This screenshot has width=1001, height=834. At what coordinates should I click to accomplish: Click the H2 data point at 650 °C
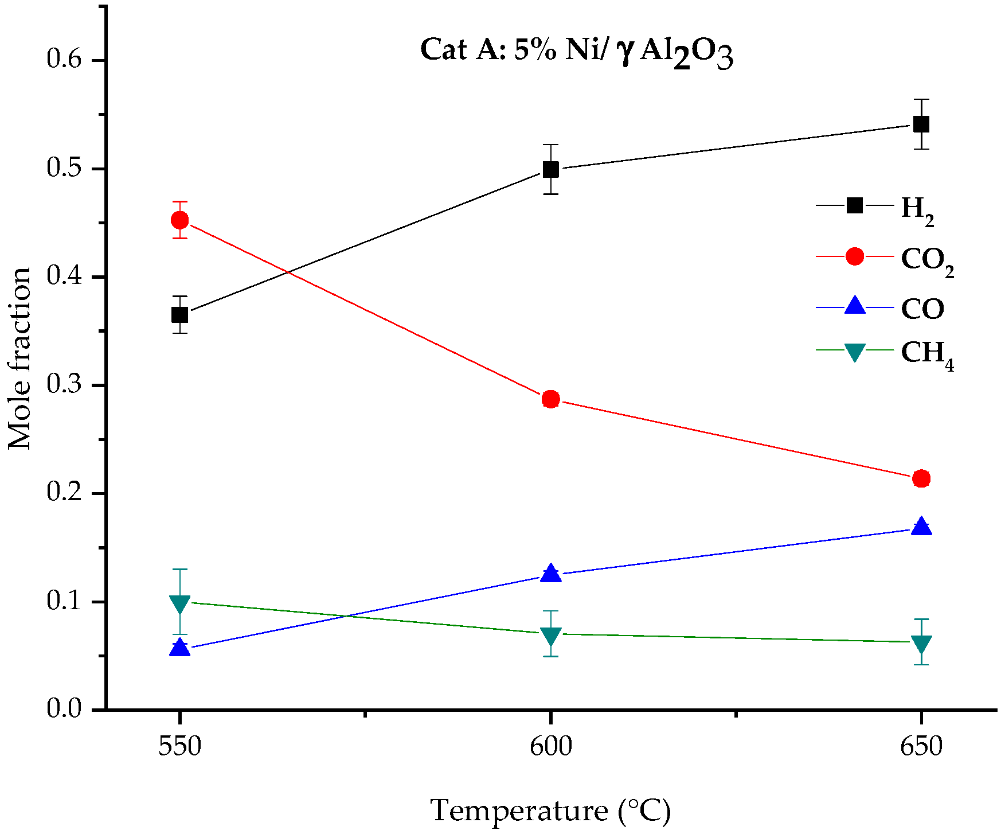(x=921, y=124)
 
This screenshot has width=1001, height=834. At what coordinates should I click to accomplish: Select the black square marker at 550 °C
(x=180, y=315)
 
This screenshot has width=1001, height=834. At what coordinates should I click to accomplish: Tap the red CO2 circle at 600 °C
(x=550, y=399)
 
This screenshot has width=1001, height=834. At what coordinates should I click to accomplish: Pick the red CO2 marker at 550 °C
(x=180, y=220)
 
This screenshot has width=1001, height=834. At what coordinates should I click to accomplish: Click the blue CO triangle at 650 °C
(x=921, y=527)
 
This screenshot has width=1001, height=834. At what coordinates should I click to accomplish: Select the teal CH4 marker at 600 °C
(x=550, y=636)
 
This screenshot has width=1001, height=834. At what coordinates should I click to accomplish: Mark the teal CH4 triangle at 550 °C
(x=180, y=603)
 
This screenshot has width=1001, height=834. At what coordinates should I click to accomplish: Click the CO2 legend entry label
(x=927, y=259)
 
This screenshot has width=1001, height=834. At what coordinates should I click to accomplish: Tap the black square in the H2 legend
(x=854, y=205)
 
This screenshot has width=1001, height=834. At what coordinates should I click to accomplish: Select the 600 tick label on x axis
(x=550, y=747)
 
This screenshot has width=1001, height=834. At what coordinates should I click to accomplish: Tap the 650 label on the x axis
(x=921, y=747)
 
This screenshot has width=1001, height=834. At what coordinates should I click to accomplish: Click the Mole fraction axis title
(x=20, y=358)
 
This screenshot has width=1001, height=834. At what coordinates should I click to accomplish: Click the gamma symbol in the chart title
(x=626, y=52)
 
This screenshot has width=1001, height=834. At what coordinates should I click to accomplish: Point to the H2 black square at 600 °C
(x=550, y=170)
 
